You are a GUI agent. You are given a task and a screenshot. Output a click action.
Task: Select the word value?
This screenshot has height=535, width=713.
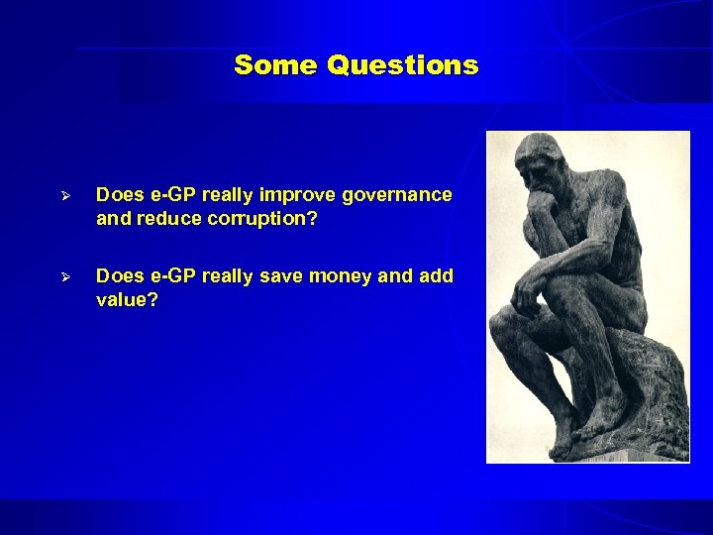tap(126, 299)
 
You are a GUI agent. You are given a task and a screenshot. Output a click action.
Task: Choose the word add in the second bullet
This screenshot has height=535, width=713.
tap(436, 276)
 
